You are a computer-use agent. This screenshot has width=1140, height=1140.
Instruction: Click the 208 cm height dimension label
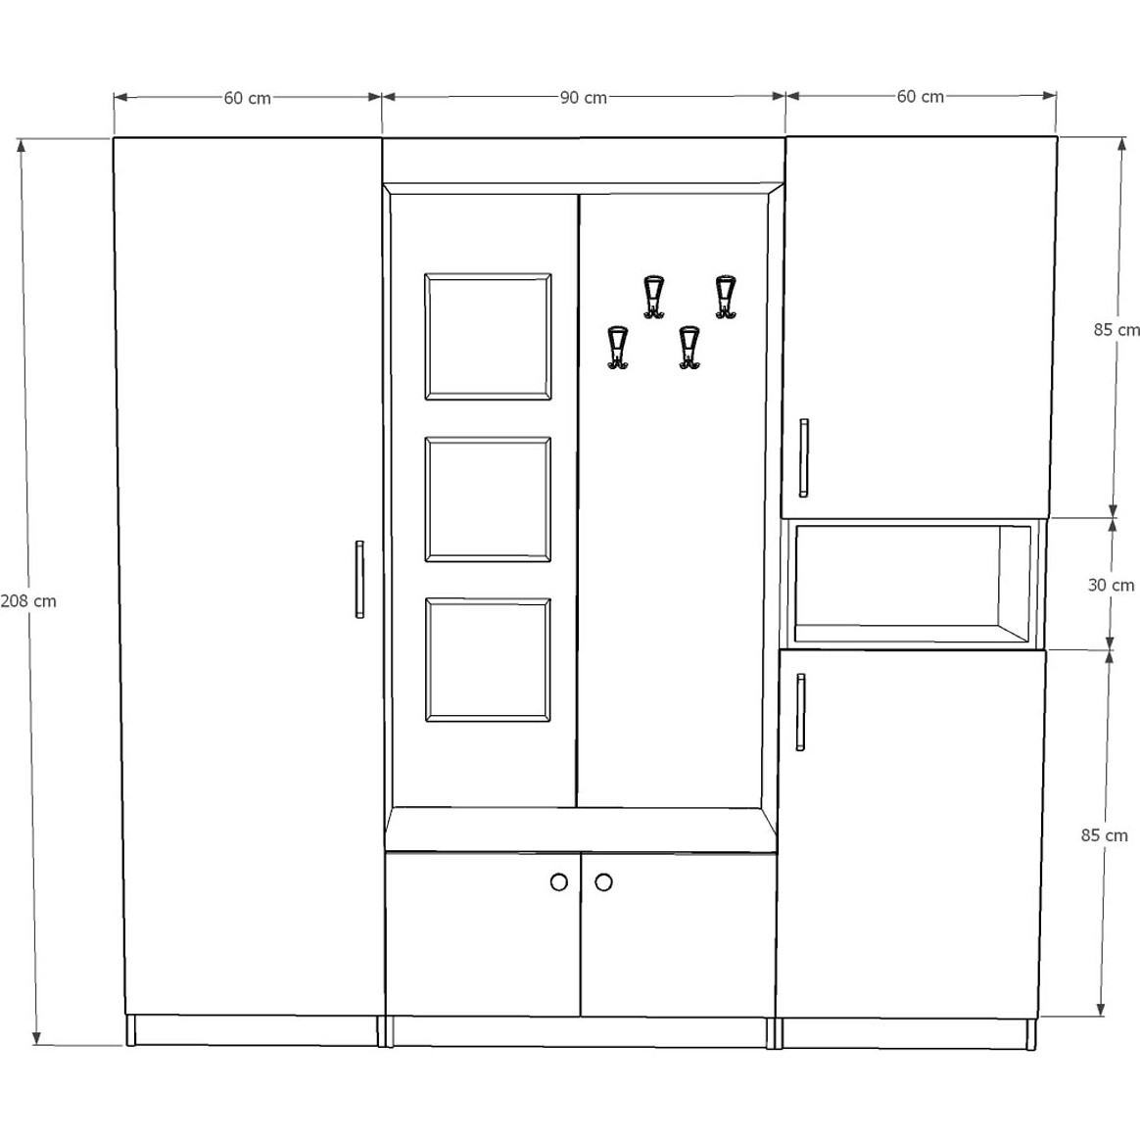[28, 601]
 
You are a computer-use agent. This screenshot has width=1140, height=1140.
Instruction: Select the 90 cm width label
[583, 97]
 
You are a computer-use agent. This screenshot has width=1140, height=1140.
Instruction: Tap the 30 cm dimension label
[1111, 585]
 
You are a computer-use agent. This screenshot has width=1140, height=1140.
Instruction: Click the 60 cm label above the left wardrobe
[247, 98]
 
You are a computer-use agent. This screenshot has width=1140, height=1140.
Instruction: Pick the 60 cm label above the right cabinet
[920, 97]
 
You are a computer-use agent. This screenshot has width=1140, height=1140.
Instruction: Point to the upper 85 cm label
[1116, 329]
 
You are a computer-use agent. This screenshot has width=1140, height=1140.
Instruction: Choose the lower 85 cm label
[1105, 835]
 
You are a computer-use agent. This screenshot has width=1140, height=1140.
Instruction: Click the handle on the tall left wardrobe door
[359, 580]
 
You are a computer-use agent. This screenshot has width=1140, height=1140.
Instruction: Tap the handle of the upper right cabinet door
[803, 458]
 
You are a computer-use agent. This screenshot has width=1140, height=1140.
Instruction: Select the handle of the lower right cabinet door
[800, 712]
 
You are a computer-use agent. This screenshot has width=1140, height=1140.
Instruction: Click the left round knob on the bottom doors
[559, 881]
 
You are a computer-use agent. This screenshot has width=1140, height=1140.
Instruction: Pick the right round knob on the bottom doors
[603, 881]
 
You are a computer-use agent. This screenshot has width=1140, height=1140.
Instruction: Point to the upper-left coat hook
[653, 297]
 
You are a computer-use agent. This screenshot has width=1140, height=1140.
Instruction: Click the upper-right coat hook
[725, 297]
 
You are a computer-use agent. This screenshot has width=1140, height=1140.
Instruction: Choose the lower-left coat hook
[618, 348]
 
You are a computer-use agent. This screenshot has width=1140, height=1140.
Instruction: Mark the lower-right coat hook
[689, 348]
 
